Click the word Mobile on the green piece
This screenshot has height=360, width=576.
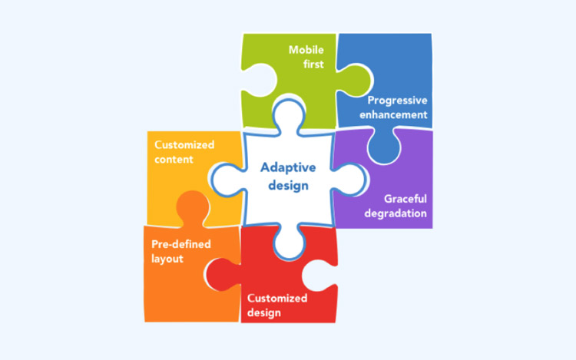(306, 50)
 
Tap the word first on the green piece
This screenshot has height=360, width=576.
(313, 64)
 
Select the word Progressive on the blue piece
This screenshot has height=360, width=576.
(398, 101)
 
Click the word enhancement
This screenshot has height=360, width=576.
(393, 115)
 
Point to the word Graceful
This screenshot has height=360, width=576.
(406, 199)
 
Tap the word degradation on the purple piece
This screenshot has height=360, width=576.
(396, 213)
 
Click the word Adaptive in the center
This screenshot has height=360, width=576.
(288, 167)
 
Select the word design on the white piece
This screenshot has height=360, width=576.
(288, 186)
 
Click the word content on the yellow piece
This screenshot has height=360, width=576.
(174, 160)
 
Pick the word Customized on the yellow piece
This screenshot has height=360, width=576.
(184, 145)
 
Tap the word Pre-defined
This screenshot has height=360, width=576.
(181, 244)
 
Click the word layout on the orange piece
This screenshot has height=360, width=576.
(167, 259)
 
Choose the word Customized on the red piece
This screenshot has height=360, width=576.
(277, 298)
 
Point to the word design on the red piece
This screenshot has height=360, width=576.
(264, 313)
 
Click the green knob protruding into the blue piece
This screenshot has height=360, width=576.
(356, 81)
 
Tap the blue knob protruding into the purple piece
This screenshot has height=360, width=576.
(384, 146)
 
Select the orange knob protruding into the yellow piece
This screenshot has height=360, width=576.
(193, 207)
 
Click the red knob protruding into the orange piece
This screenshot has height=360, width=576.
(223, 274)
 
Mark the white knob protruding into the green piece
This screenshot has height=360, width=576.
(289, 114)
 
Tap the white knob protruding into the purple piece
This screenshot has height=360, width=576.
(349, 179)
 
